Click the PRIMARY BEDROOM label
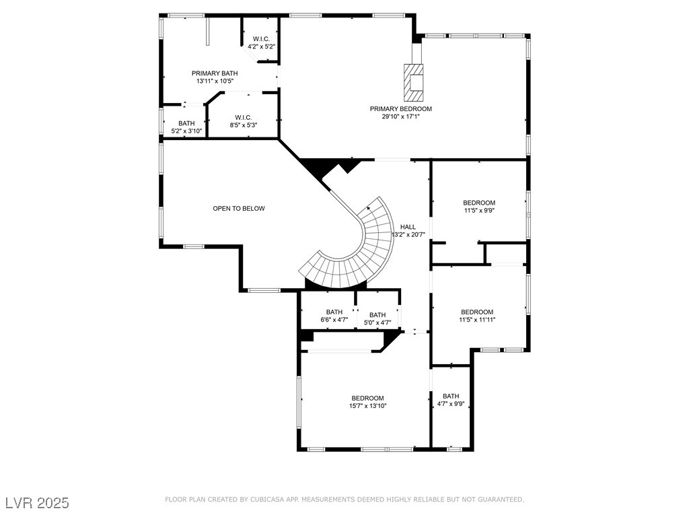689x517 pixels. [x=401, y=109]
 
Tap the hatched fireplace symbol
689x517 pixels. [x=414, y=83]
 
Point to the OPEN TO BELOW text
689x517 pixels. [x=239, y=209]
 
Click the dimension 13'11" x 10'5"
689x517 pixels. [x=215, y=81]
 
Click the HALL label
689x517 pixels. [x=408, y=227]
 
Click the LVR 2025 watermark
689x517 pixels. [x=38, y=503]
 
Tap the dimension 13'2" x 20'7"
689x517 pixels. [x=408, y=235]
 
